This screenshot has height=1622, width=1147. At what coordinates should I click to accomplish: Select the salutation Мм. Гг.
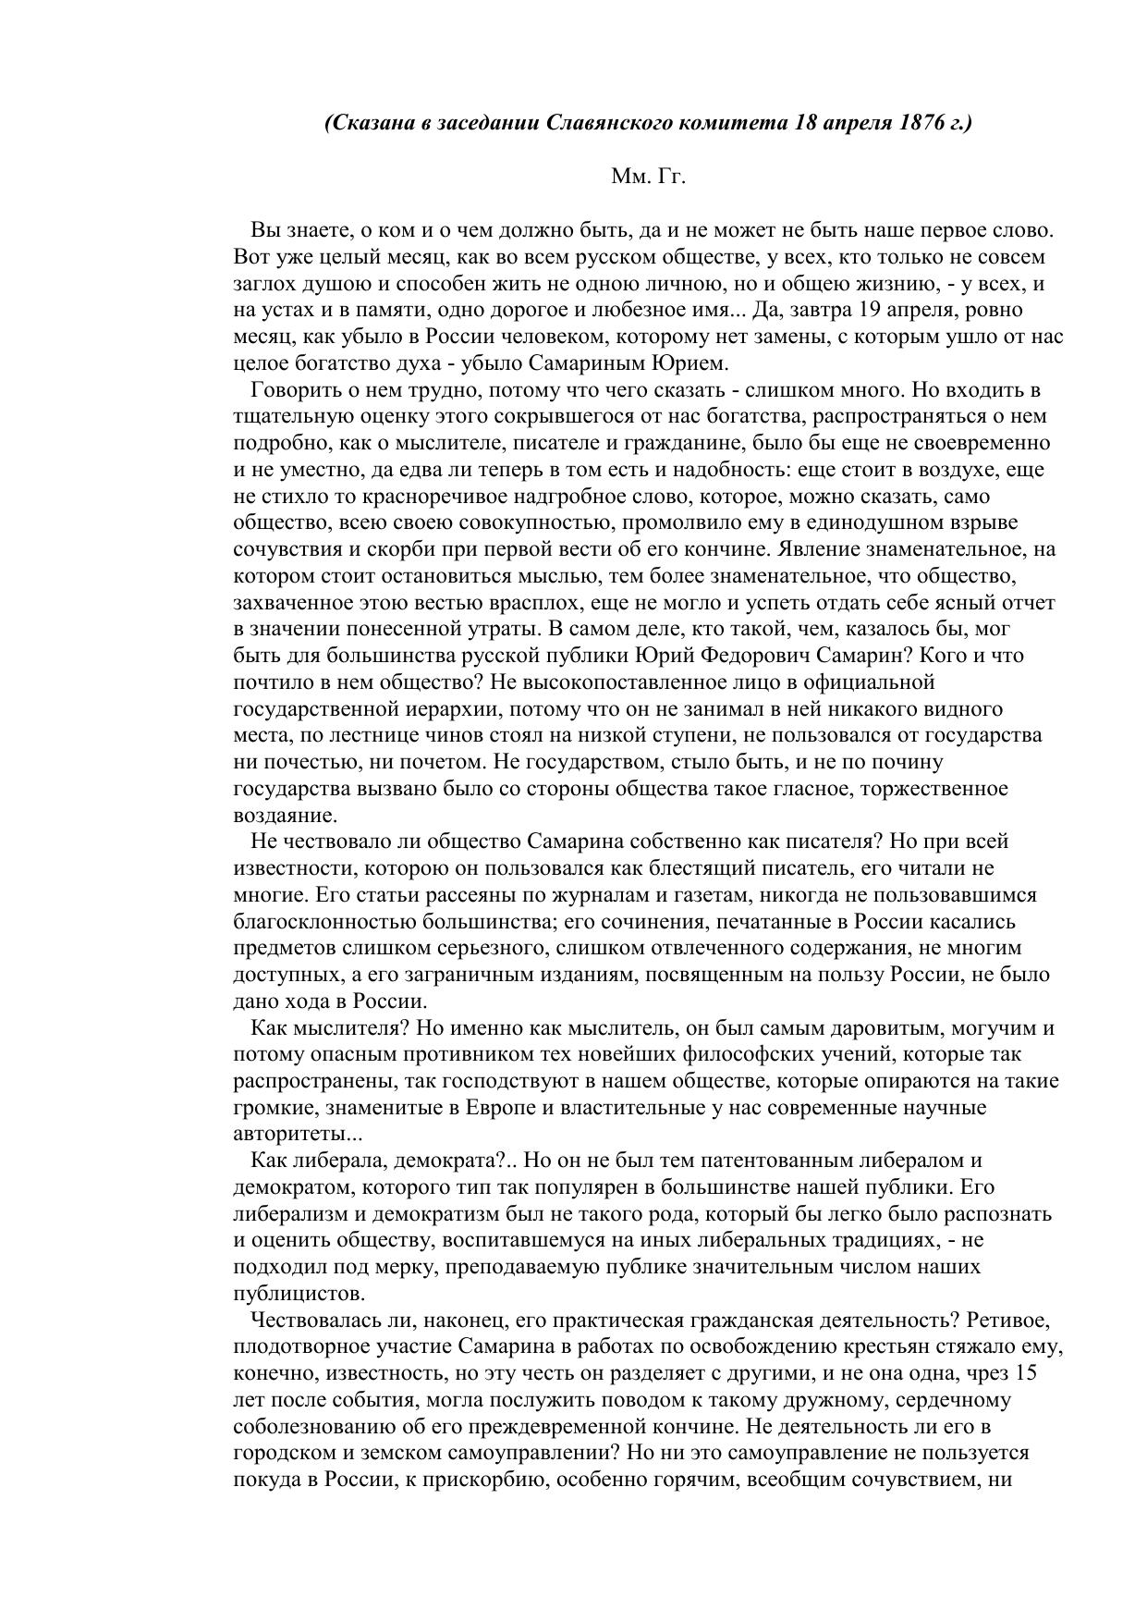coord(648,177)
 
